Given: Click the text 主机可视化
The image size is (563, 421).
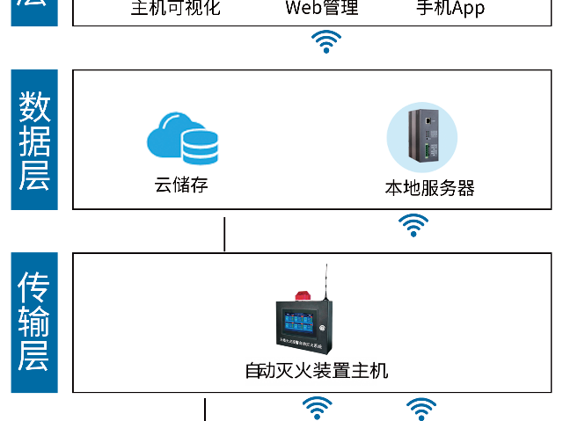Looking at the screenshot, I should [176, 9].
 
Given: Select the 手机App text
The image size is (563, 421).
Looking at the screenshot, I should [450, 9].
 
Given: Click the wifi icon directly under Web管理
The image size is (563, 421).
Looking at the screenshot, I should [326, 41].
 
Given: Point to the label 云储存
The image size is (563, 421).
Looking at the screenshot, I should [181, 185].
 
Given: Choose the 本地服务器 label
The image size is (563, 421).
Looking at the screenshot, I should [429, 188].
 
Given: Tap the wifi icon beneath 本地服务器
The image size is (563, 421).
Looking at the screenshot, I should [413, 226].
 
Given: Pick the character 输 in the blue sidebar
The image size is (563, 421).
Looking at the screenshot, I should [34, 323].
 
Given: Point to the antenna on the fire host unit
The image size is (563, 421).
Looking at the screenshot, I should [327, 281].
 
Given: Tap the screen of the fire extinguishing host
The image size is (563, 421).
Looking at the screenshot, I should [298, 321].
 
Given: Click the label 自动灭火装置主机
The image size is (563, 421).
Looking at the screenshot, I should [317, 370].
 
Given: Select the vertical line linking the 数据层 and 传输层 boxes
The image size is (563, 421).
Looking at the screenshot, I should [225, 234].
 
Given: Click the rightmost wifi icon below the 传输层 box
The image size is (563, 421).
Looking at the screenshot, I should [421, 408].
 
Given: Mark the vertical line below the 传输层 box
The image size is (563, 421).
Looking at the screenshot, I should [205, 410].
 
